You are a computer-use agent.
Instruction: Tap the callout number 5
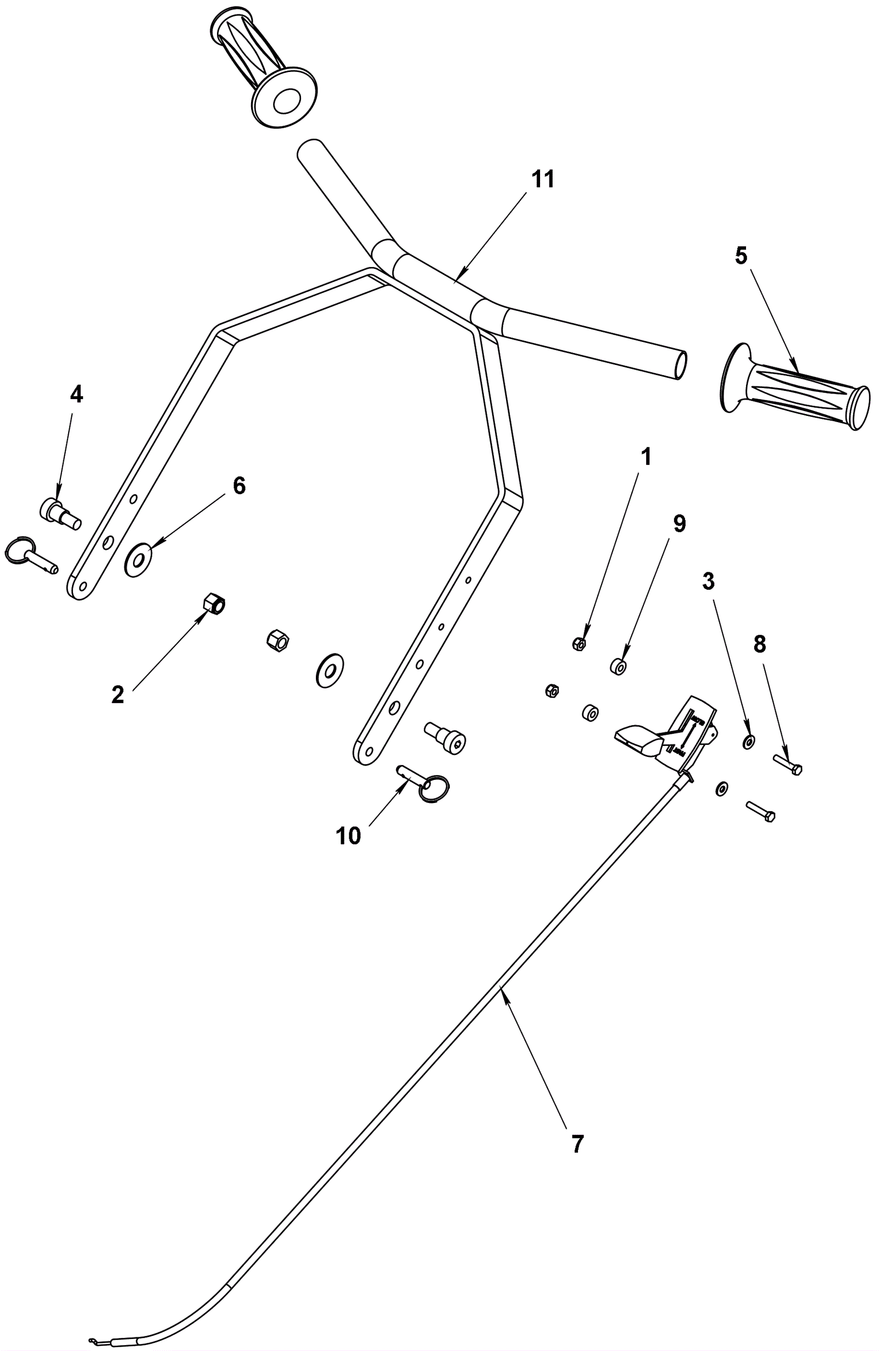pyautogui.click(x=741, y=256)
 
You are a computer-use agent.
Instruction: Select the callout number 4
pyautogui.click(x=76, y=394)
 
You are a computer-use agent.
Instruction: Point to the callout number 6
pyautogui.click(x=240, y=486)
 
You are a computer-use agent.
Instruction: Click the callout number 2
pyautogui.click(x=118, y=695)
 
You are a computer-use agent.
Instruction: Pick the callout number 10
pyautogui.click(x=348, y=835)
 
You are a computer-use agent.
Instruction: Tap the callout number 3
pyautogui.click(x=708, y=582)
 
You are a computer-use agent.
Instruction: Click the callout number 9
pyautogui.click(x=679, y=524)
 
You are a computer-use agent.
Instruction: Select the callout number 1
pyautogui.click(x=646, y=457)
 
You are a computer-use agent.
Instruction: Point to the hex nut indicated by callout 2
pyautogui.click(x=213, y=603)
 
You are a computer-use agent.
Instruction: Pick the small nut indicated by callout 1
pyautogui.click(x=579, y=644)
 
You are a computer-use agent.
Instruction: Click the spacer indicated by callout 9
pyautogui.click(x=618, y=666)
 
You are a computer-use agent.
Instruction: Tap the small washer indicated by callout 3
pyautogui.click(x=748, y=741)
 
